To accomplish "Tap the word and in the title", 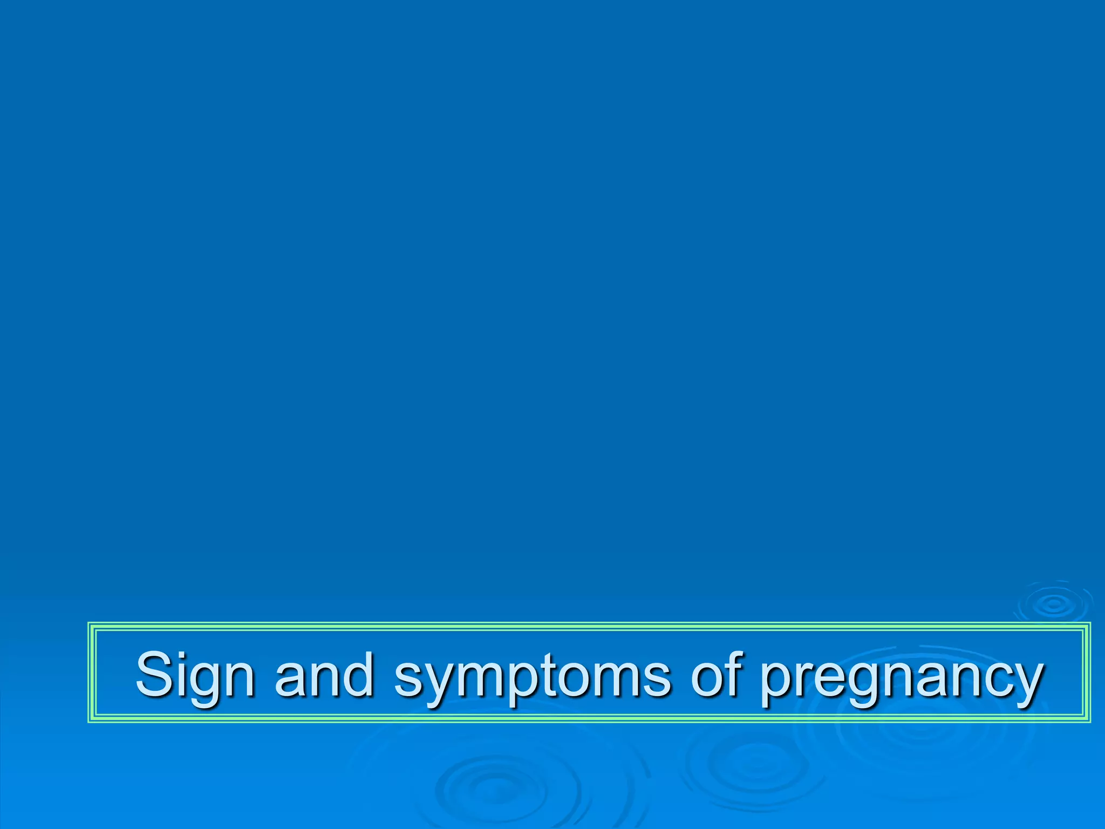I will point(324,675).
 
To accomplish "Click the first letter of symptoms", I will point(408,680).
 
